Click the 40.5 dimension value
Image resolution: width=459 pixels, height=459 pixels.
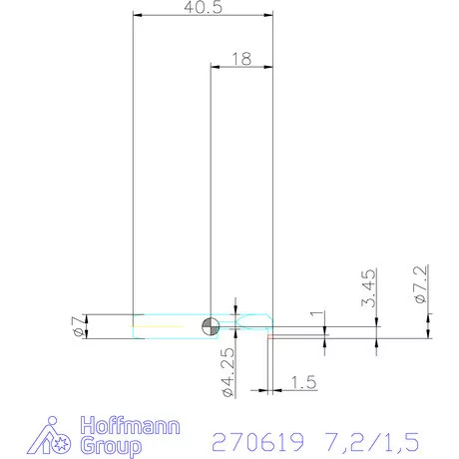click(203, 7)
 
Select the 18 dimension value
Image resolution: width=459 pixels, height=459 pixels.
click(240, 59)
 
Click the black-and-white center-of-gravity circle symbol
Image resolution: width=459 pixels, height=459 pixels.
click(210, 324)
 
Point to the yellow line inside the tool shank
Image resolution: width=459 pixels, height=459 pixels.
click(160, 325)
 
